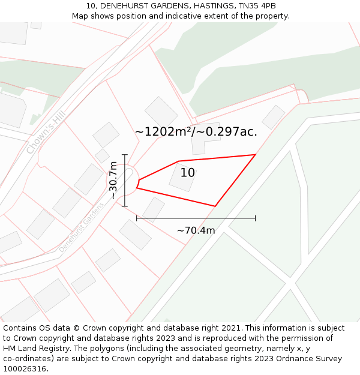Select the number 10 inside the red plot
tap(188, 173)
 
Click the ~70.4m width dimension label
tap(196, 230)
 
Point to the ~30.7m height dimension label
tap(113, 180)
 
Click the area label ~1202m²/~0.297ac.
tap(196, 132)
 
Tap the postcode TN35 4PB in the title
tap(256, 6)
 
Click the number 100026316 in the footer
tap(23, 369)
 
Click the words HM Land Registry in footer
tap(37, 349)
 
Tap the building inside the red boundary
tap(182, 178)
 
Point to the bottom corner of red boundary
tap(215, 206)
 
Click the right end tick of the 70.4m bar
tap(256, 218)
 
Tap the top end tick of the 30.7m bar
tap(125, 155)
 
